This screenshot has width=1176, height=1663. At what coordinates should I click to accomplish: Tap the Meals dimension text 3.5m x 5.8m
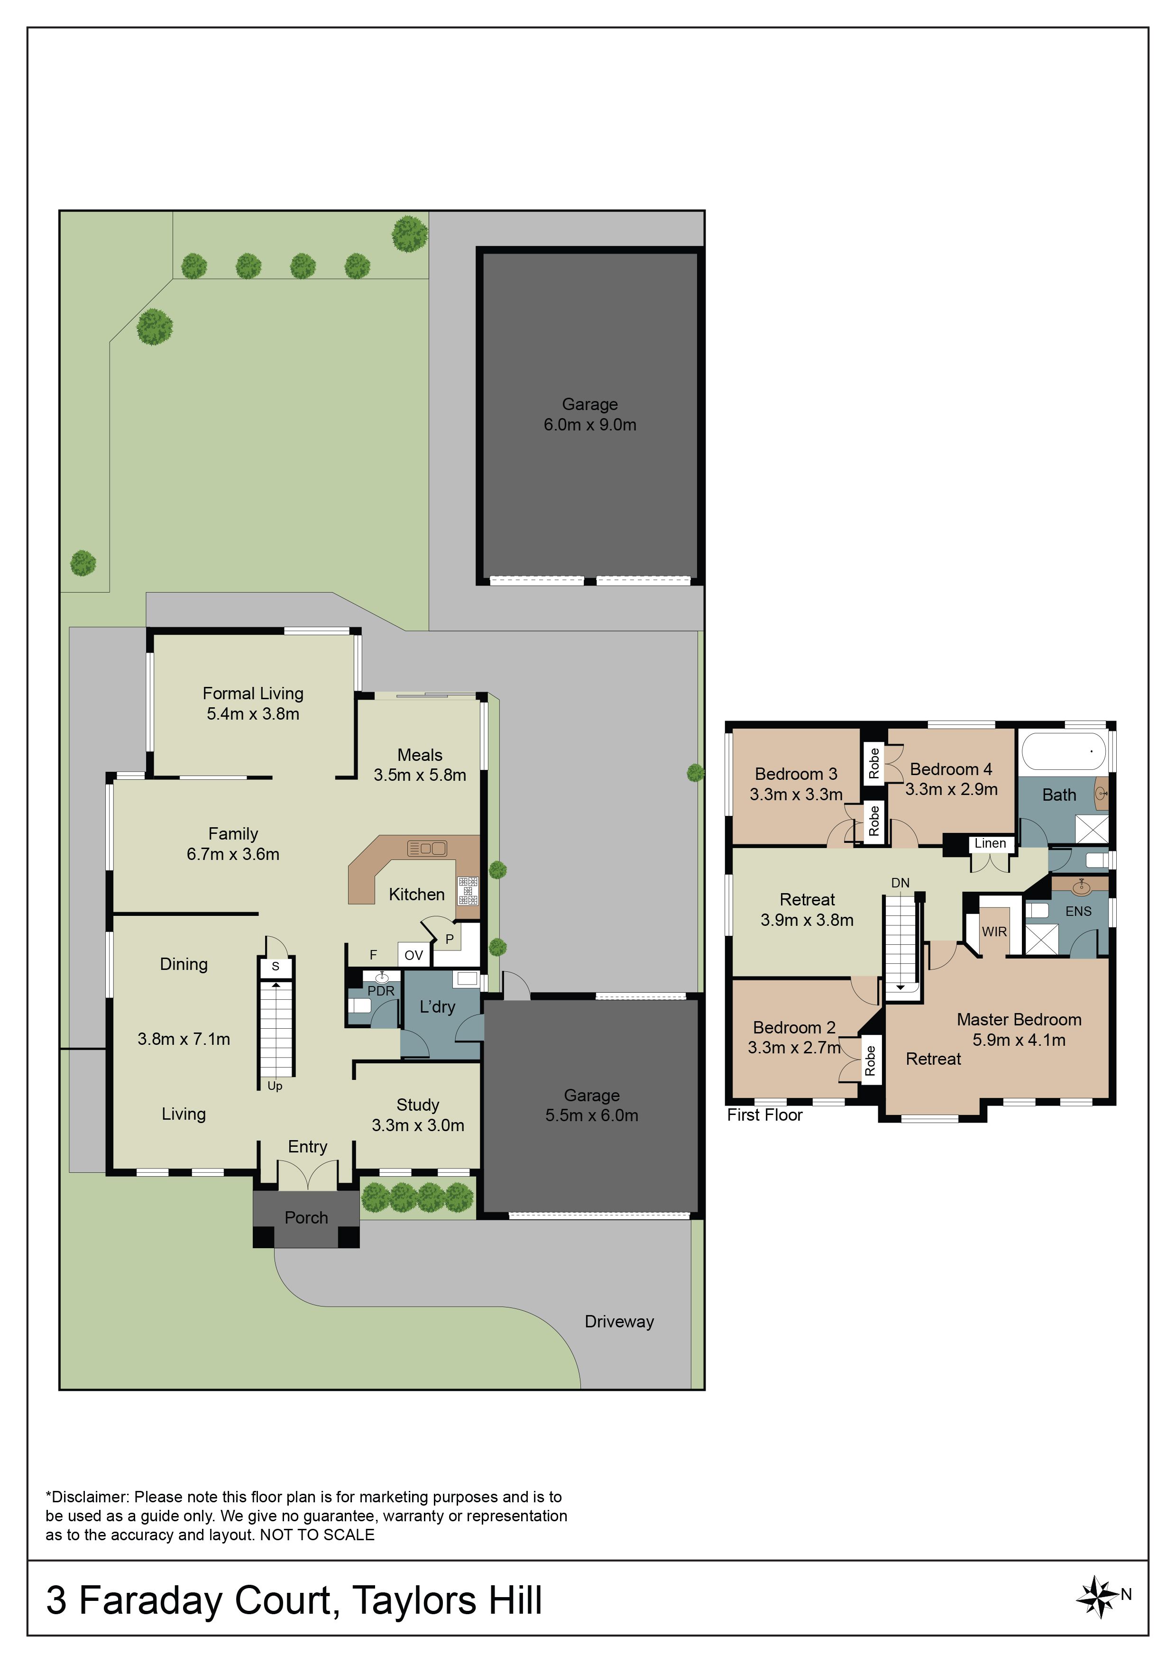pyautogui.click(x=420, y=775)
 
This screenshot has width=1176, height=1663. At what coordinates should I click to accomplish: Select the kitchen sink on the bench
pyautogui.click(x=428, y=848)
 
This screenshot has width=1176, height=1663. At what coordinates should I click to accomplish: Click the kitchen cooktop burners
pyautogui.click(x=468, y=890)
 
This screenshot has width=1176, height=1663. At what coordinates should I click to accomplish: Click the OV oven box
pyautogui.click(x=414, y=955)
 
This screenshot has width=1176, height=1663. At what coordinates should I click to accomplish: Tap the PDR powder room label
pyautogui.click(x=381, y=991)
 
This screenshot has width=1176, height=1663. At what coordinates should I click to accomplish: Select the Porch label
pyautogui.click(x=306, y=1217)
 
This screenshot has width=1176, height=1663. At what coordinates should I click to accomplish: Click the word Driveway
pyautogui.click(x=619, y=1322)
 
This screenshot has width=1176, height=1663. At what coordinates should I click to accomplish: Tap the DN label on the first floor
pyautogui.click(x=900, y=883)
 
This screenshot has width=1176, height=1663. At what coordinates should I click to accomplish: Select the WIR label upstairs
pyautogui.click(x=994, y=932)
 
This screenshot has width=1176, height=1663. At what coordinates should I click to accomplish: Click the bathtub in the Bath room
pyautogui.click(x=1063, y=751)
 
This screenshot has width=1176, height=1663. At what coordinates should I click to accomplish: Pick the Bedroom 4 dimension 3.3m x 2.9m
pyautogui.click(x=951, y=789)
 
